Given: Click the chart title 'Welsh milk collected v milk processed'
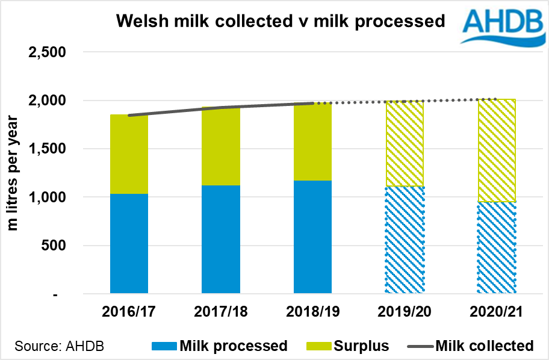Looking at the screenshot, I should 281,22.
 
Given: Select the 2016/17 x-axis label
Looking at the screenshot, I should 129,312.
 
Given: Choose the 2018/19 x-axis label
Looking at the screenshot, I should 312,312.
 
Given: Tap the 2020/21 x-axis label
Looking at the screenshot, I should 496,312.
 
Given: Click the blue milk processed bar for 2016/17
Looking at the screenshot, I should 129,244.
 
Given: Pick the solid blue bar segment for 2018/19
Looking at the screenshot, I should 312,237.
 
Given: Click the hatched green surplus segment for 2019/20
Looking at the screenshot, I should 405,144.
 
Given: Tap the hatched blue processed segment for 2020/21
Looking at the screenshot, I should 496,248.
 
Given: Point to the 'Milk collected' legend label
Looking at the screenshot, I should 484,346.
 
